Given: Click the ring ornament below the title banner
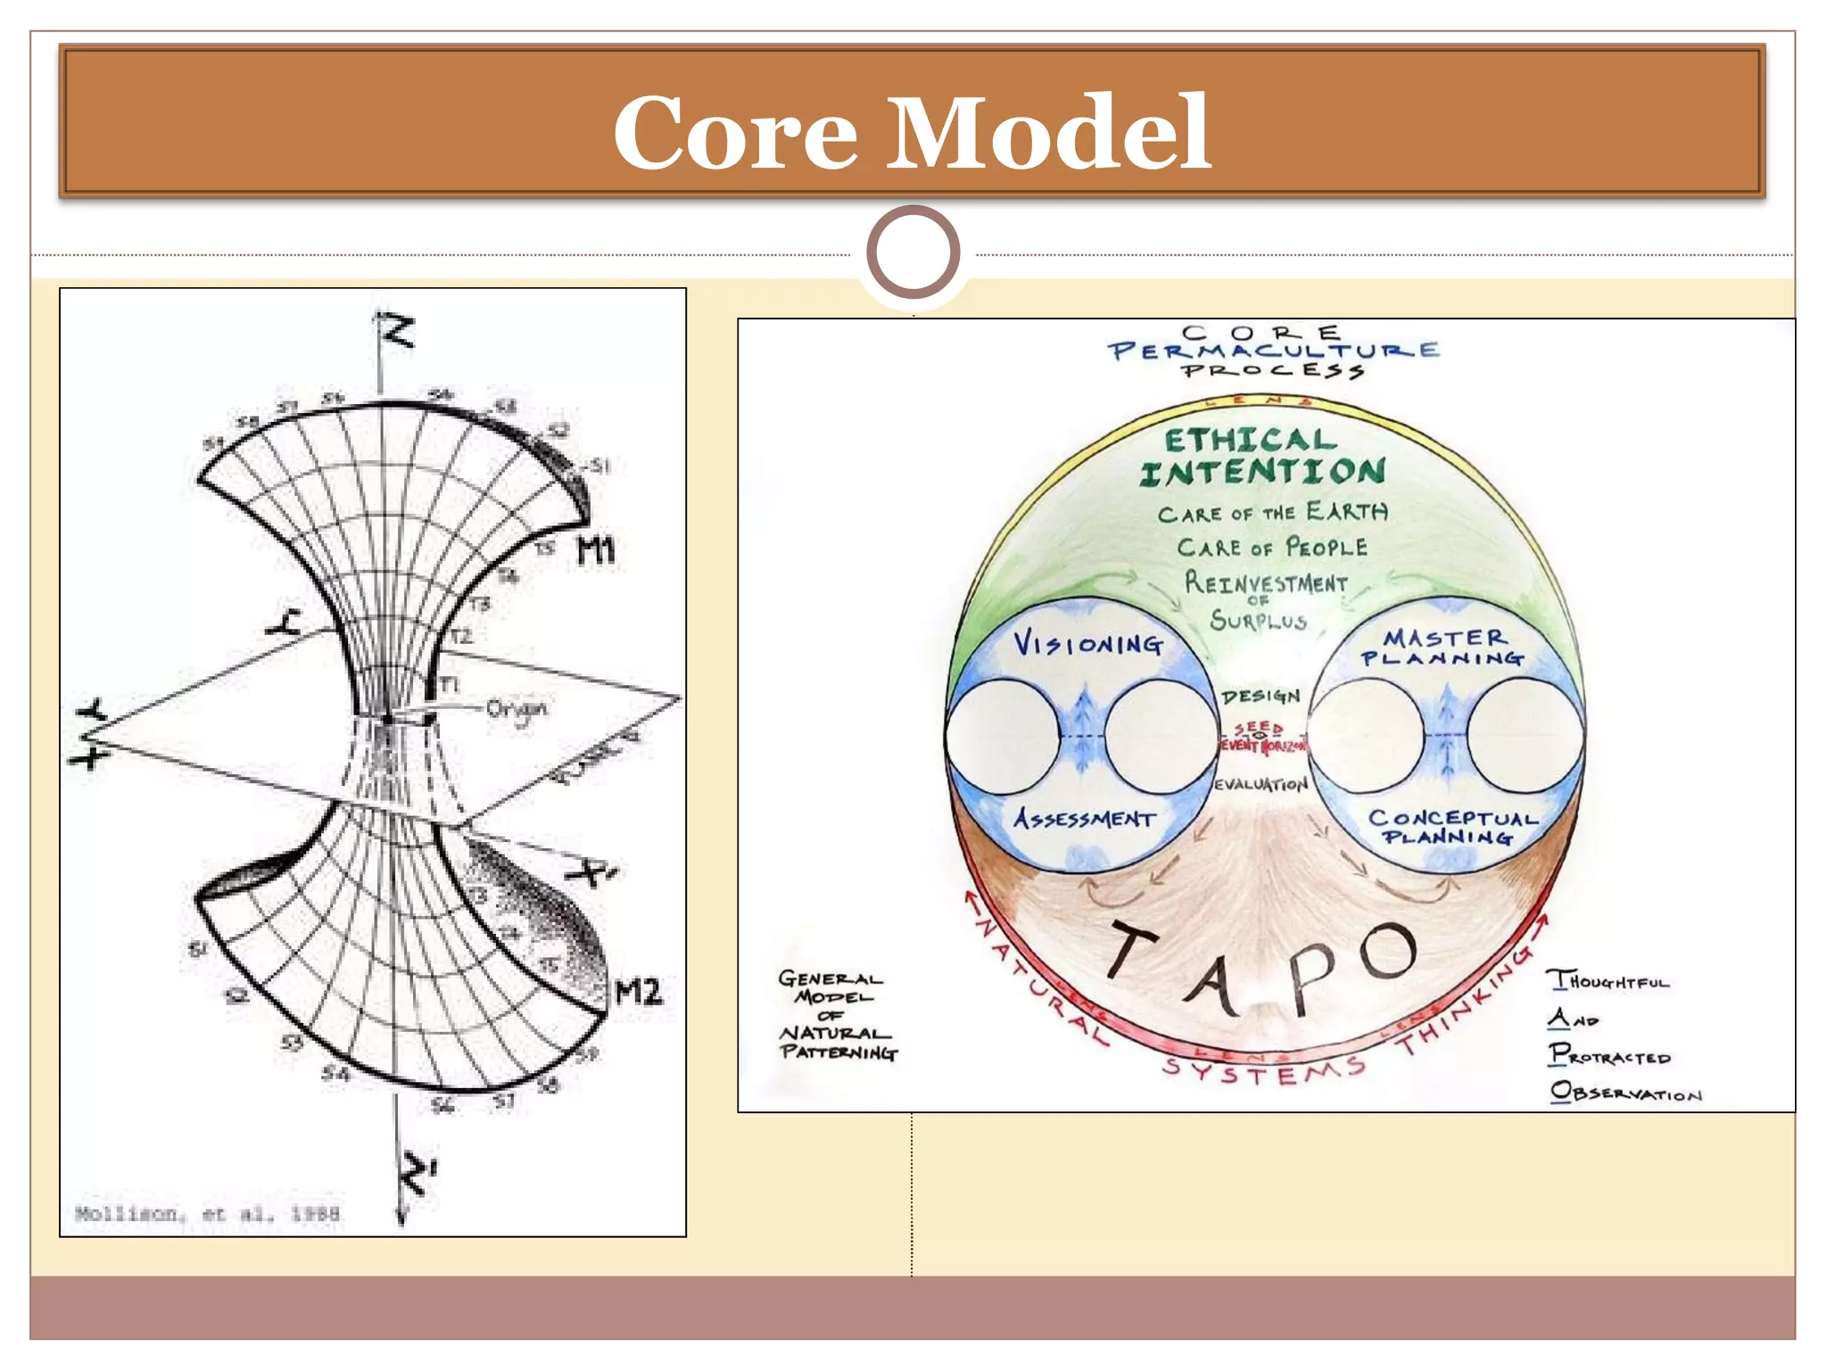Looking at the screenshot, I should [x=913, y=252].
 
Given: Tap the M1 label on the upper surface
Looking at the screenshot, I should [x=596, y=550].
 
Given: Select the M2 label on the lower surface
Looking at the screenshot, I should [x=639, y=991].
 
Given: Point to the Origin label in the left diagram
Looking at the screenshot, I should [x=517, y=709].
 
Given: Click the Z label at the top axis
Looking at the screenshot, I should [x=397, y=332].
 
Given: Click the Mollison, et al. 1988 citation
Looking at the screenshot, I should [x=207, y=1213].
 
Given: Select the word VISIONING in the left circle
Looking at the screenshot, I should [x=1088, y=643].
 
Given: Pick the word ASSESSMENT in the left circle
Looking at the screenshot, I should [x=1085, y=818].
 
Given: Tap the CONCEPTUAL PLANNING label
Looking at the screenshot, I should [x=1452, y=827].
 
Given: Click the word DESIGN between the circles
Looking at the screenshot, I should [x=1261, y=696].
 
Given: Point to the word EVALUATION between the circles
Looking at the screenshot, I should [x=1261, y=785].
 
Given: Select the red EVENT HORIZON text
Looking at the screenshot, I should [x=1262, y=745].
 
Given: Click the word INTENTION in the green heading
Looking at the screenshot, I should [x=1262, y=472].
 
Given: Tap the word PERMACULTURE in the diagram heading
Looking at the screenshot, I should [x=1274, y=351].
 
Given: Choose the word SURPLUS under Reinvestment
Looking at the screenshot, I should [x=1258, y=620].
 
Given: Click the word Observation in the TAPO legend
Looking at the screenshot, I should [x=1625, y=1093].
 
